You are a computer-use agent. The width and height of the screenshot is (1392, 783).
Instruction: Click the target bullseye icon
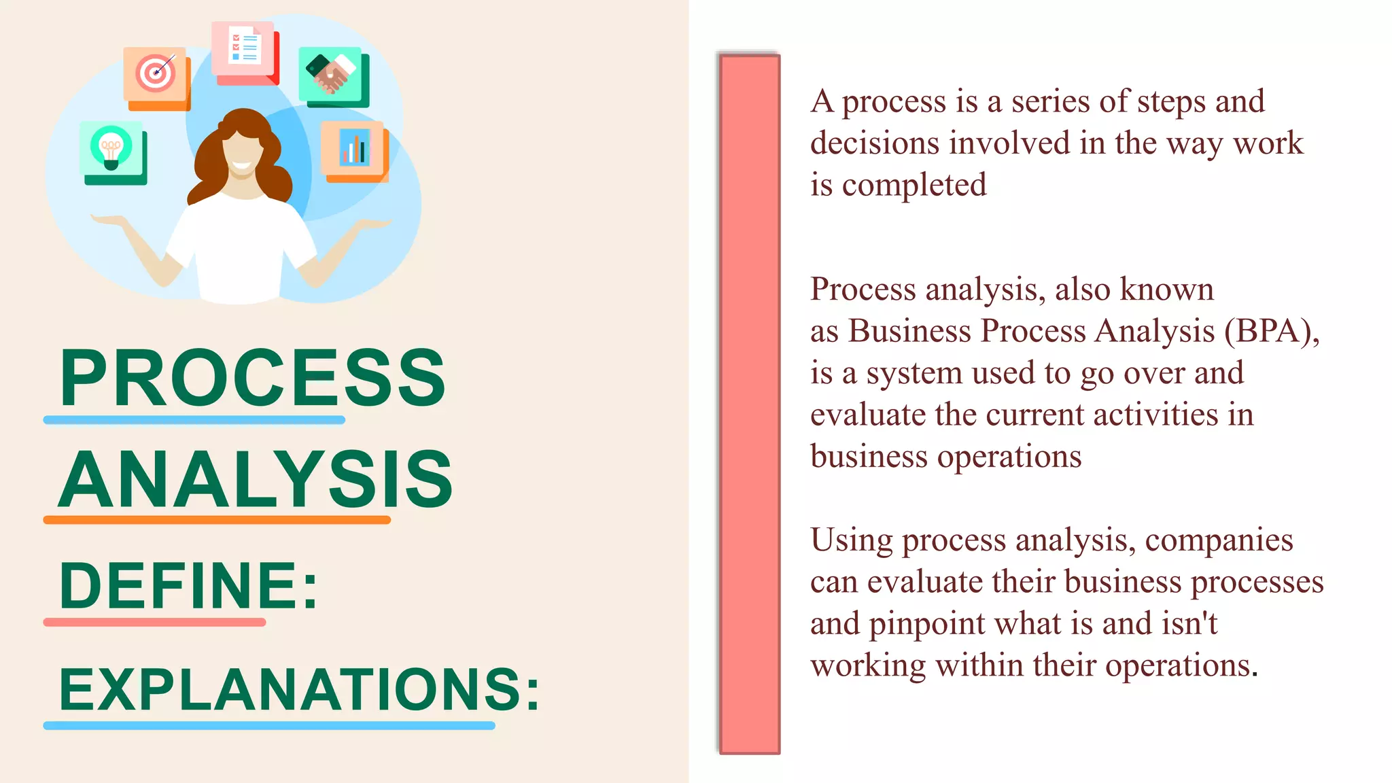pyautogui.click(x=156, y=73)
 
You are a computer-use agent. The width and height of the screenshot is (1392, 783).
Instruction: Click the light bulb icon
pyautogui.click(x=111, y=147)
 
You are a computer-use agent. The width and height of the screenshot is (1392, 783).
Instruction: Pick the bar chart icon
pyautogui.click(x=354, y=147)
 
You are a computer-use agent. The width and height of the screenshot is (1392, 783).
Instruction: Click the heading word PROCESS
pyautogui.click(x=252, y=378)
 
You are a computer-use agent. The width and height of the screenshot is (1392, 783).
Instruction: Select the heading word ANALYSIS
pyautogui.click(x=256, y=480)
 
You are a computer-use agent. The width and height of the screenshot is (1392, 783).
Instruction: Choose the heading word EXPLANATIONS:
pyautogui.click(x=299, y=690)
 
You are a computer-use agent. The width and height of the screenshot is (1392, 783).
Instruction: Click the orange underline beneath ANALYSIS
pyautogui.click(x=217, y=520)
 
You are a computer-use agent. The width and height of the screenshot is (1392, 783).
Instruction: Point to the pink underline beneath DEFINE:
pyautogui.click(x=154, y=622)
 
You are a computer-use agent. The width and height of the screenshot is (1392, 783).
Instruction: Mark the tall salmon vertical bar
pyautogui.click(x=750, y=404)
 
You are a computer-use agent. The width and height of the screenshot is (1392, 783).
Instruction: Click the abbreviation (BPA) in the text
pyautogui.click(x=1272, y=331)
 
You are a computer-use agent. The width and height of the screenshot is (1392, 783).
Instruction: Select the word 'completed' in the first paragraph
pyautogui.click(x=914, y=185)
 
